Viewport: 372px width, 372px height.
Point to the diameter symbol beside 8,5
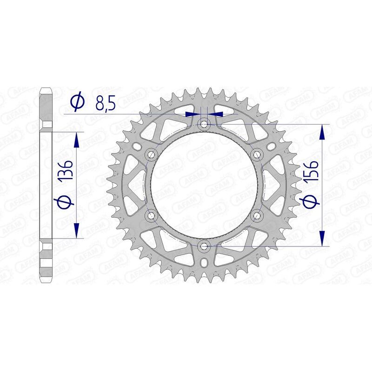pyautogui.click(x=77, y=101)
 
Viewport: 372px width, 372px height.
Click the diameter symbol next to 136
pyautogui.click(x=66, y=202)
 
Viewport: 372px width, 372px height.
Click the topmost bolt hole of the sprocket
pyautogui.click(x=203, y=124)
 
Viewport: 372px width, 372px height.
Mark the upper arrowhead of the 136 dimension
pyautogui.click(x=77, y=138)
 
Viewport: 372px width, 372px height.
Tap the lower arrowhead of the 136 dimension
pyautogui.click(x=77, y=231)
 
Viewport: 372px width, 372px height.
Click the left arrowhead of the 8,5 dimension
pyautogui.click(x=192, y=113)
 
